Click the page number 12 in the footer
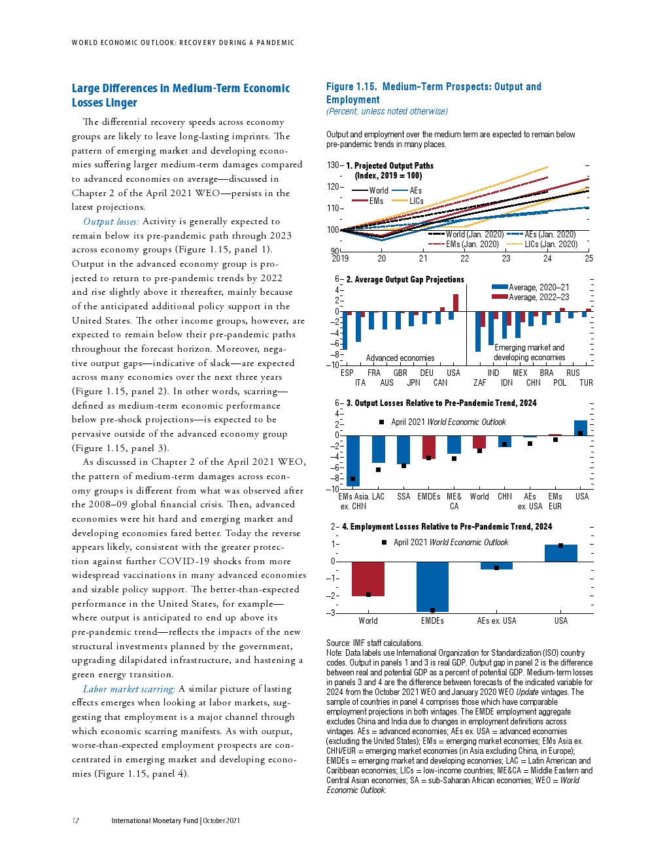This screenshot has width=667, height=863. point(75,821)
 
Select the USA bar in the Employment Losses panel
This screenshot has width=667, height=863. point(560,553)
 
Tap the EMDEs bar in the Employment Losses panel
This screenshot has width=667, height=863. point(432,586)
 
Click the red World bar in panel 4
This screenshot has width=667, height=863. point(368,579)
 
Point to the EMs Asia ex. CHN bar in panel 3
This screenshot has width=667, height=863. point(353,460)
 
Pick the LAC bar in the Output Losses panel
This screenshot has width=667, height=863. point(378,449)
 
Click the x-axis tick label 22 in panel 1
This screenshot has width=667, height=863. point(464,258)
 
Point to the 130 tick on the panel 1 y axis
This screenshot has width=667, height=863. point(333,165)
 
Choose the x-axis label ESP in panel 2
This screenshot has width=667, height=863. point(347,373)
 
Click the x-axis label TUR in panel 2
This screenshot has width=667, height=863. point(586,383)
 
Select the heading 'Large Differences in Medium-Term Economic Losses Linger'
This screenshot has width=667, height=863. point(180,95)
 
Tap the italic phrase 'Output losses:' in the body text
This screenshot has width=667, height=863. point(111,222)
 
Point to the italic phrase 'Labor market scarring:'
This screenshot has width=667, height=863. point(128,689)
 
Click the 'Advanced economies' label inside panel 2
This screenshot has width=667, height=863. point(400,358)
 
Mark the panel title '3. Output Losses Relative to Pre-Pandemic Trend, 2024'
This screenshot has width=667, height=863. point(441,403)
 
